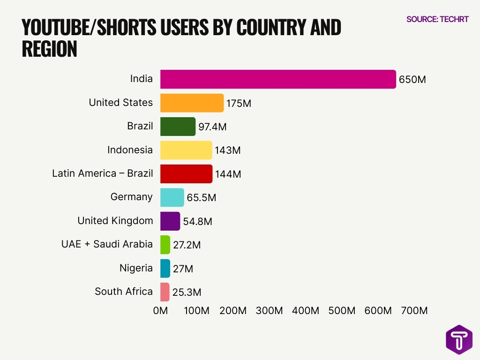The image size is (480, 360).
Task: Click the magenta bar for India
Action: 278,79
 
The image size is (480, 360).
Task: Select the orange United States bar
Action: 192,103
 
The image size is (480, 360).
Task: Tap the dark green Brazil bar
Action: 178,127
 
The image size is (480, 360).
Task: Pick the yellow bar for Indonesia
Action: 186,150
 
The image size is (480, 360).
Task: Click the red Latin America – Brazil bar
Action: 186,174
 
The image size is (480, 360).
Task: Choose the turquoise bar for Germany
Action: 172,197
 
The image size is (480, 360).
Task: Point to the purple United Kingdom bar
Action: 170,221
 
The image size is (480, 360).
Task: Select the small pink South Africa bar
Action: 165,292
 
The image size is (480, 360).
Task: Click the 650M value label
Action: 412,80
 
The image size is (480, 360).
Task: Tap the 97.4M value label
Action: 212,127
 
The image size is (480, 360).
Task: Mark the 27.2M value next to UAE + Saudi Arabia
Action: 187,245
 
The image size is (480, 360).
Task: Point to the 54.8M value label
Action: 197,222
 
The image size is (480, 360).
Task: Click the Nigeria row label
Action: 136,268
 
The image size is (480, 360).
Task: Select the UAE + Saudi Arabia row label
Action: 107,244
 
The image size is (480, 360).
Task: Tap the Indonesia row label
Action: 130,150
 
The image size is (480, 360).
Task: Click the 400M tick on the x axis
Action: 306,311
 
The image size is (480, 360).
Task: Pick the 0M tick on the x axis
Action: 160,311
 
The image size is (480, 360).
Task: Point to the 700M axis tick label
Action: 414,311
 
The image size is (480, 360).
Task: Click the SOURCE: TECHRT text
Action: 437,20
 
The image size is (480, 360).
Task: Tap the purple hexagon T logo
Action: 459,339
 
